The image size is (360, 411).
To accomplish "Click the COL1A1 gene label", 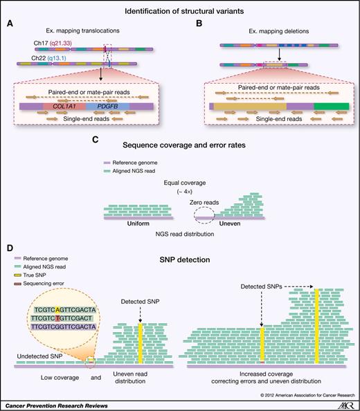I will coord(60,107).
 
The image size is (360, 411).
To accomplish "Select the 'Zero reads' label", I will coord(189,198).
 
